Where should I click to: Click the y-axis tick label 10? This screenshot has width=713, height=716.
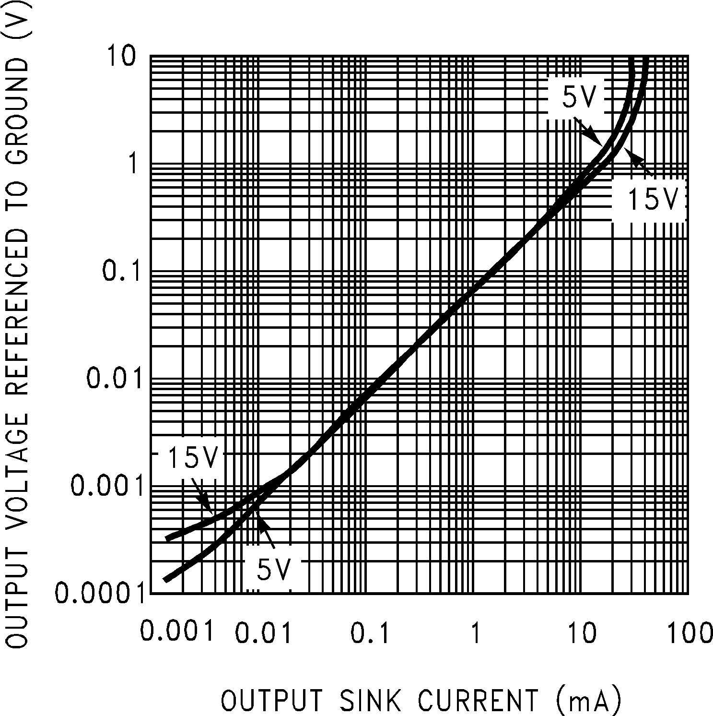[124, 56]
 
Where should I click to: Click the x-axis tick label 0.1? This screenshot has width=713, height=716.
[370, 632]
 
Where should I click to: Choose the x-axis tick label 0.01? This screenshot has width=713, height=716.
[263, 632]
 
